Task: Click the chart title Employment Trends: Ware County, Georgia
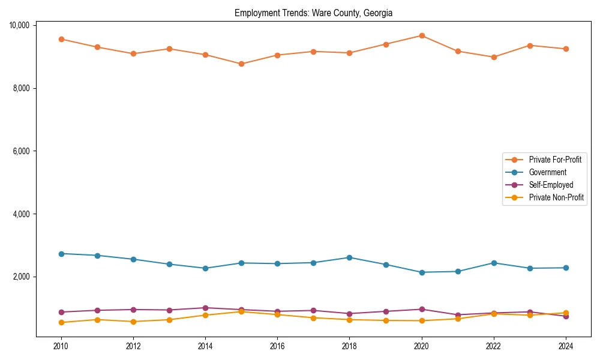313,13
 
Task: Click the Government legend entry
547,172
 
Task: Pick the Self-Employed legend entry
551,185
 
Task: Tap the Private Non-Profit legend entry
556,197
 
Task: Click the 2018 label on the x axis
349,346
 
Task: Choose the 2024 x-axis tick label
566,346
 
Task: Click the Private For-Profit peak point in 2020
422,35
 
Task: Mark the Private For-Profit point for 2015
241,64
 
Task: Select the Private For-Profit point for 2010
61,39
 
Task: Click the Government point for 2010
61,254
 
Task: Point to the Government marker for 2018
349,257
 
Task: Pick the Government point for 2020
422,272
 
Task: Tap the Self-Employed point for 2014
205,308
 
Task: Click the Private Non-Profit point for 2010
61,322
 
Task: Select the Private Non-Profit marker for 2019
386,320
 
